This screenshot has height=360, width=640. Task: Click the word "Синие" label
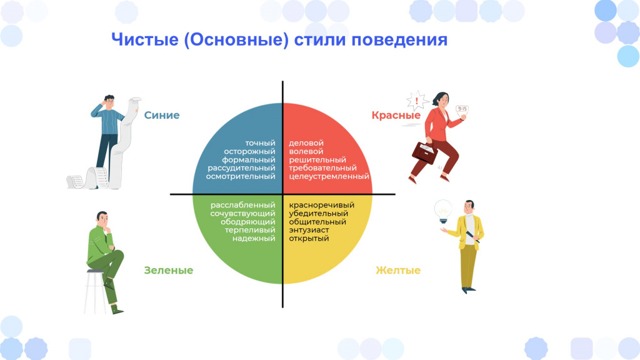(x=162, y=115)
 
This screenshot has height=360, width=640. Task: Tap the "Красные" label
(x=396, y=116)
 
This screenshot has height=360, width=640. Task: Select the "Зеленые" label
(x=169, y=270)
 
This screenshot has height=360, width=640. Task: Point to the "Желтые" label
(x=398, y=270)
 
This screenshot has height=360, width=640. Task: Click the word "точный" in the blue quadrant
(x=260, y=143)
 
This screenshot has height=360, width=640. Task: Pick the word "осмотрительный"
(x=241, y=176)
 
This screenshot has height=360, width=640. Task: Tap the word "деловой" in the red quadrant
(x=306, y=143)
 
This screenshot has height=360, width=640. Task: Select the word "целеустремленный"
(x=329, y=176)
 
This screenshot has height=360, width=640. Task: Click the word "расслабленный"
(x=243, y=205)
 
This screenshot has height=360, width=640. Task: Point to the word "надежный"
(x=254, y=238)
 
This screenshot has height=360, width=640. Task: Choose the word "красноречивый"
(x=322, y=205)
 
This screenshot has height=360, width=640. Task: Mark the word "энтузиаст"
(x=309, y=230)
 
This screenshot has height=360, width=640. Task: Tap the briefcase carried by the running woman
(x=425, y=152)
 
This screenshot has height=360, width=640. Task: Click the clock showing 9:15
(x=462, y=109)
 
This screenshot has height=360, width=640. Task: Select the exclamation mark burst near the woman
(x=416, y=101)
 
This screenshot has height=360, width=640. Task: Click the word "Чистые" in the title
(x=145, y=40)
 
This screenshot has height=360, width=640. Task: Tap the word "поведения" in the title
(x=399, y=40)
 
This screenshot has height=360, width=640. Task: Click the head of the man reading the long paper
(x=109, y=101)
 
